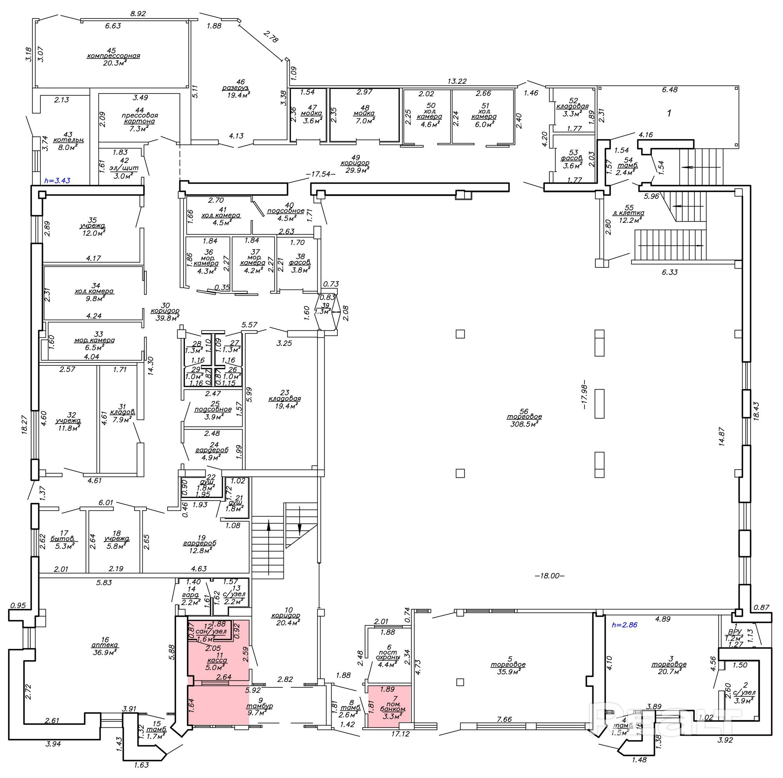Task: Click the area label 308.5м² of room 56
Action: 524,424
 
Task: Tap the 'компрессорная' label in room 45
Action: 113,56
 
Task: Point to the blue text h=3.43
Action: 57,181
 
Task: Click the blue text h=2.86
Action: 624,625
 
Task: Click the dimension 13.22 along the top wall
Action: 457,81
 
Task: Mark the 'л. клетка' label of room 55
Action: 628,213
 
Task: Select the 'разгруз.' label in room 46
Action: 235,88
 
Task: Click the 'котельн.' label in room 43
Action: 68,140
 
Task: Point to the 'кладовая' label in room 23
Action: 285,398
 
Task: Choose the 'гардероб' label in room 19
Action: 199,543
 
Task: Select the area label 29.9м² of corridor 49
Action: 355,170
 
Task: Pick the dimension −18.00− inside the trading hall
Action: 550,576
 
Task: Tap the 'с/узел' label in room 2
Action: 745,693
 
